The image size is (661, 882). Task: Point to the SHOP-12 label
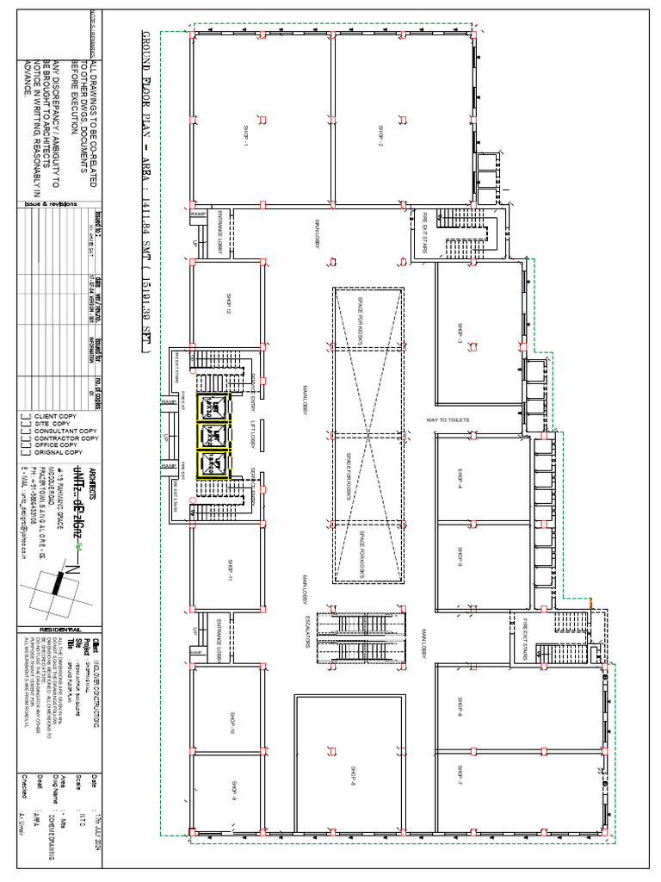[x=228, y=307]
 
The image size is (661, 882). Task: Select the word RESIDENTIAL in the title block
[x=64, y=630]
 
